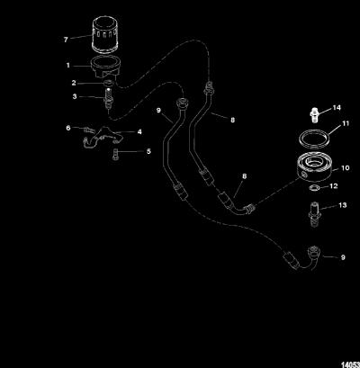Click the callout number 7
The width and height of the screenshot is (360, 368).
click(66, 40)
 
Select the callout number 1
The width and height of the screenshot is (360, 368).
click(68, 65)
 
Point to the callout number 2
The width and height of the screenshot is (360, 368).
click(74, 83)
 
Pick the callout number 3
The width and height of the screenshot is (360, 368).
click(75, 96)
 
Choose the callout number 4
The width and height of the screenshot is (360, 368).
click(139, 131)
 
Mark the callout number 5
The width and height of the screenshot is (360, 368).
click(148, 151)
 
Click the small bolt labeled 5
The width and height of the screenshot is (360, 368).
click(116, 154)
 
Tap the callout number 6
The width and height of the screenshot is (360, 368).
click(68, 128)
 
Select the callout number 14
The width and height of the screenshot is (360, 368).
click(337, 108)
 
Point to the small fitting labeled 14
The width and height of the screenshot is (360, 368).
click(313, 114)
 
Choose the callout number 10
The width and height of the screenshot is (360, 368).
click(346, 168)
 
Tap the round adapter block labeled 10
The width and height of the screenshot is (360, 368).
click(315, 167)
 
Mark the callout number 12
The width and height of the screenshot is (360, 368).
click(334, 186)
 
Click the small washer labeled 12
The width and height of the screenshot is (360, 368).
click(315, 188)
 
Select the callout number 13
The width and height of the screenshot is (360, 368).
click(342, 205)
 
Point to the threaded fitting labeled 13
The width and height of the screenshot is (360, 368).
click(314, 214)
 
